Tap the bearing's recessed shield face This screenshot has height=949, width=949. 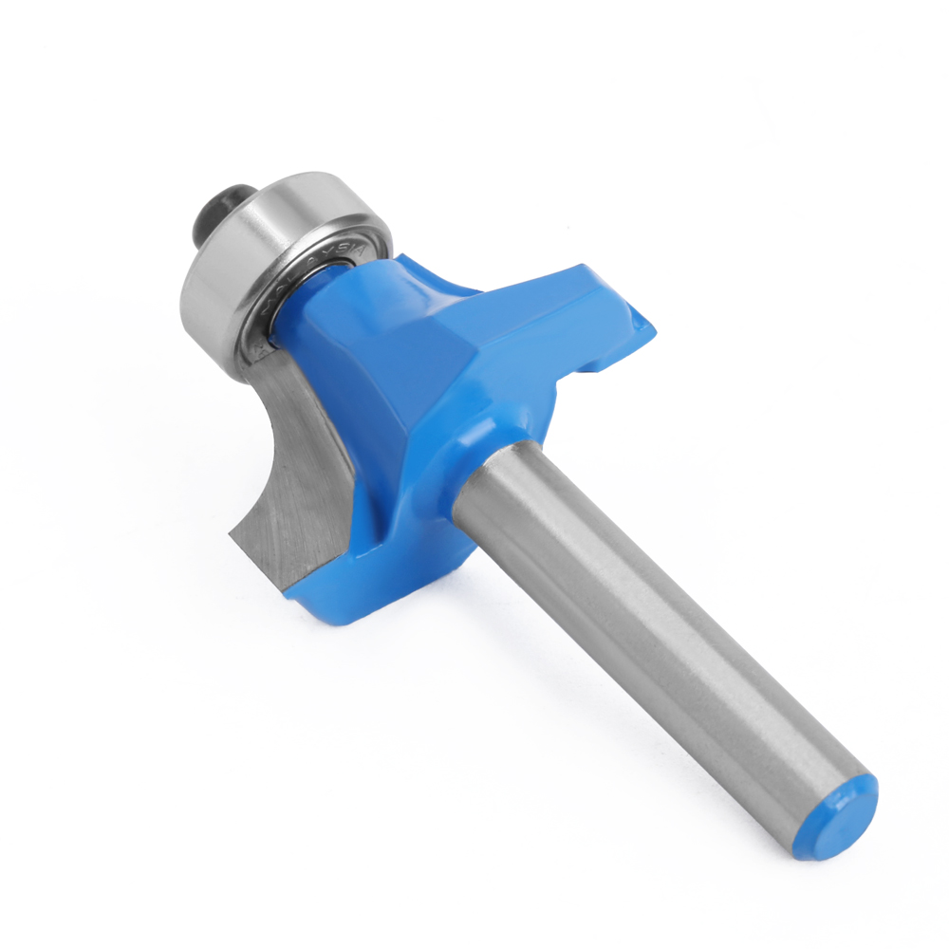(x=285, y=285)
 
